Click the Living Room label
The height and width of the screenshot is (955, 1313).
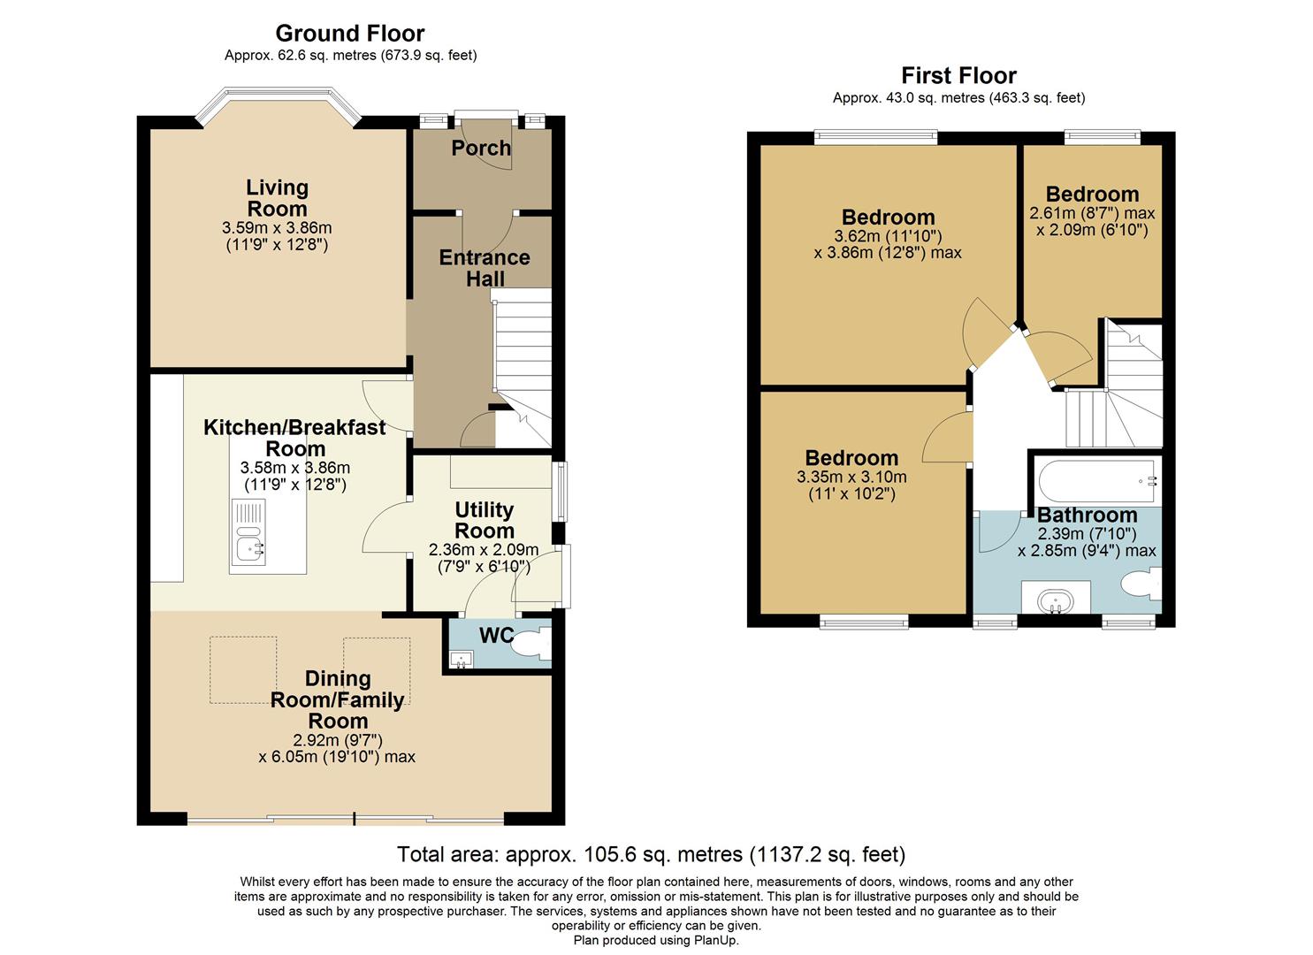point(277,198)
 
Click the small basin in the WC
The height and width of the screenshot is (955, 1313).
point(461,659)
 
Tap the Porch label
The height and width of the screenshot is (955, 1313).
point(481,148)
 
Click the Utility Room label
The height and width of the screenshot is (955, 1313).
point(484,520)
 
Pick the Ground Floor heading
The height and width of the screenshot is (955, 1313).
point(350,34)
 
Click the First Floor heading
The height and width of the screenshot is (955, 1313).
point(958,76)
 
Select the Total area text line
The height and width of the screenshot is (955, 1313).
point(651,854)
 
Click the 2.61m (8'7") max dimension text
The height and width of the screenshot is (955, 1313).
point(1092,213)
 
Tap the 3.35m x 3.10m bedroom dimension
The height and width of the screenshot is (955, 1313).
point(851,477)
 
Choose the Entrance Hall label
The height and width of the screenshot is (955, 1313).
point(485,268)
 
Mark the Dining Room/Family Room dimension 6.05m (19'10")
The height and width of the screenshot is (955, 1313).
point(336,757)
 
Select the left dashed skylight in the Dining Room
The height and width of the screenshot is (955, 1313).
point(243,669)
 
